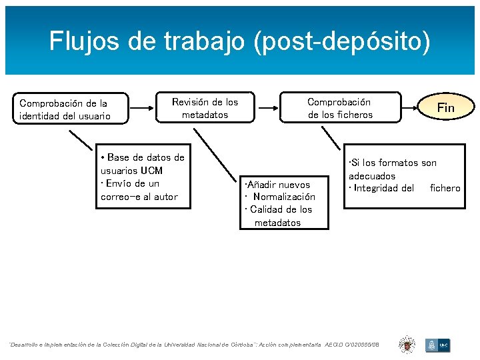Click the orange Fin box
coord(445,107)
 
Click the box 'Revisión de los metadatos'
coord(205,108)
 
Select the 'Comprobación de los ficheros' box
coord(339,108)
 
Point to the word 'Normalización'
coord(284,197)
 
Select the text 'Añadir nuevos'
coord(278,184)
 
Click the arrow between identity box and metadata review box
coord(141,107)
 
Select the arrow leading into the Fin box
coord(409,107)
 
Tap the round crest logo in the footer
coord(407,344)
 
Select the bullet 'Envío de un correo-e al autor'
coord(139,190)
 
